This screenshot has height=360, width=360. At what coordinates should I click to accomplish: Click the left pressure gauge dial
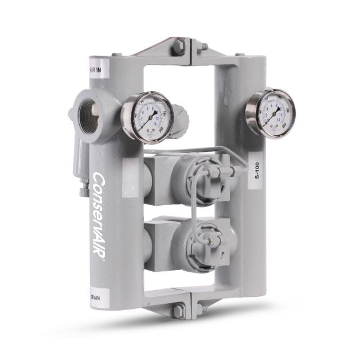coord(147,117)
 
